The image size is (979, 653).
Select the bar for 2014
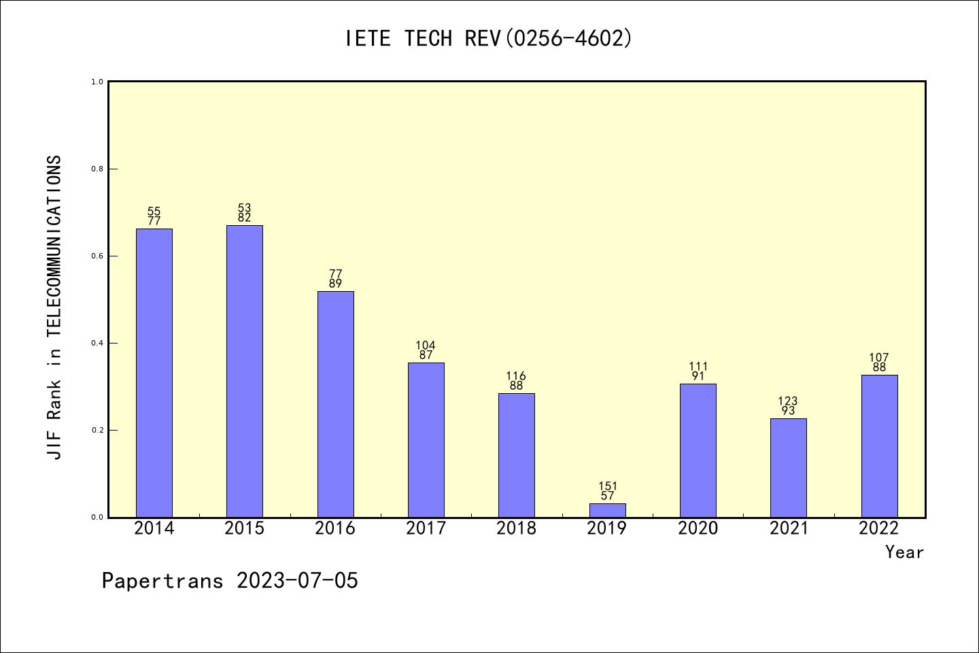154,373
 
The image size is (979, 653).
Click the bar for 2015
245,371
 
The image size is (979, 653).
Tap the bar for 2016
335,404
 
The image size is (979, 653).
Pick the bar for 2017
426,439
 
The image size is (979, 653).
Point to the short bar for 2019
607,510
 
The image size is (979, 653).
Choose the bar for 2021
789,467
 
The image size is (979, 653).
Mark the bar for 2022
879,446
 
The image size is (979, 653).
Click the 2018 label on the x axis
516,529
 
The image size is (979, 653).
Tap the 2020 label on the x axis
698,529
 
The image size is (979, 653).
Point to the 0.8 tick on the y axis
97,169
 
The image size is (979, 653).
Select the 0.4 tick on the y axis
97,343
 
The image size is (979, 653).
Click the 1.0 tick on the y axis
97,82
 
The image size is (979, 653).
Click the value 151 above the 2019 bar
608,486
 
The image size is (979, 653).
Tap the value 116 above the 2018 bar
516,376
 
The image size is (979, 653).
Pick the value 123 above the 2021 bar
788,401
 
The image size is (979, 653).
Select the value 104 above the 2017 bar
426,346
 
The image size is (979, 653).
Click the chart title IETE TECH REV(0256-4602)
489,39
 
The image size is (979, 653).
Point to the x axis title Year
904,552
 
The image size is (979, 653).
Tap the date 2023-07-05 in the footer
297,581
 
